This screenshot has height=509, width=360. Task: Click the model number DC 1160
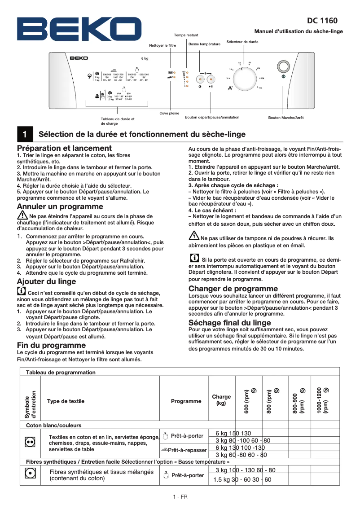tap(322, 21)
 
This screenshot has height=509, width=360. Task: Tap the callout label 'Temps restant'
tap(186, 35)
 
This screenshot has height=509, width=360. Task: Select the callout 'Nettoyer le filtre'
tap(162, 46)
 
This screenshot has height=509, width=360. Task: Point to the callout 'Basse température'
tap(204, 44)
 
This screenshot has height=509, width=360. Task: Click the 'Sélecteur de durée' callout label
tap(242, 42)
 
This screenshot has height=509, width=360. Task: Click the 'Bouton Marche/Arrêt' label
tap(286, 118)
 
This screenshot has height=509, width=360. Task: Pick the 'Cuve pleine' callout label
tap(169, 113)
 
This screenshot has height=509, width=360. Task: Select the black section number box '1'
tap(25, 134)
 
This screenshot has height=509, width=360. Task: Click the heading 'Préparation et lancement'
tap(64, 148)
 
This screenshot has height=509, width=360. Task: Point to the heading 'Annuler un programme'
tap(60, 206)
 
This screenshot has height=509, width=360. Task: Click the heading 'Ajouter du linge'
tap(46, 281)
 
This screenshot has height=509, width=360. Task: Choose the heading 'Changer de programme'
tap(233, 289)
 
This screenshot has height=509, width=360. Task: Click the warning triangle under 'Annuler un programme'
tap(22, 216)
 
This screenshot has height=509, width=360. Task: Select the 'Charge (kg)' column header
tap(221, 400)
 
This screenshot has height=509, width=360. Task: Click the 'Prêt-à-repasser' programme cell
tap(184, 450)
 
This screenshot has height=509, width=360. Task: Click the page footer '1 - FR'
tap(180, 497)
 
